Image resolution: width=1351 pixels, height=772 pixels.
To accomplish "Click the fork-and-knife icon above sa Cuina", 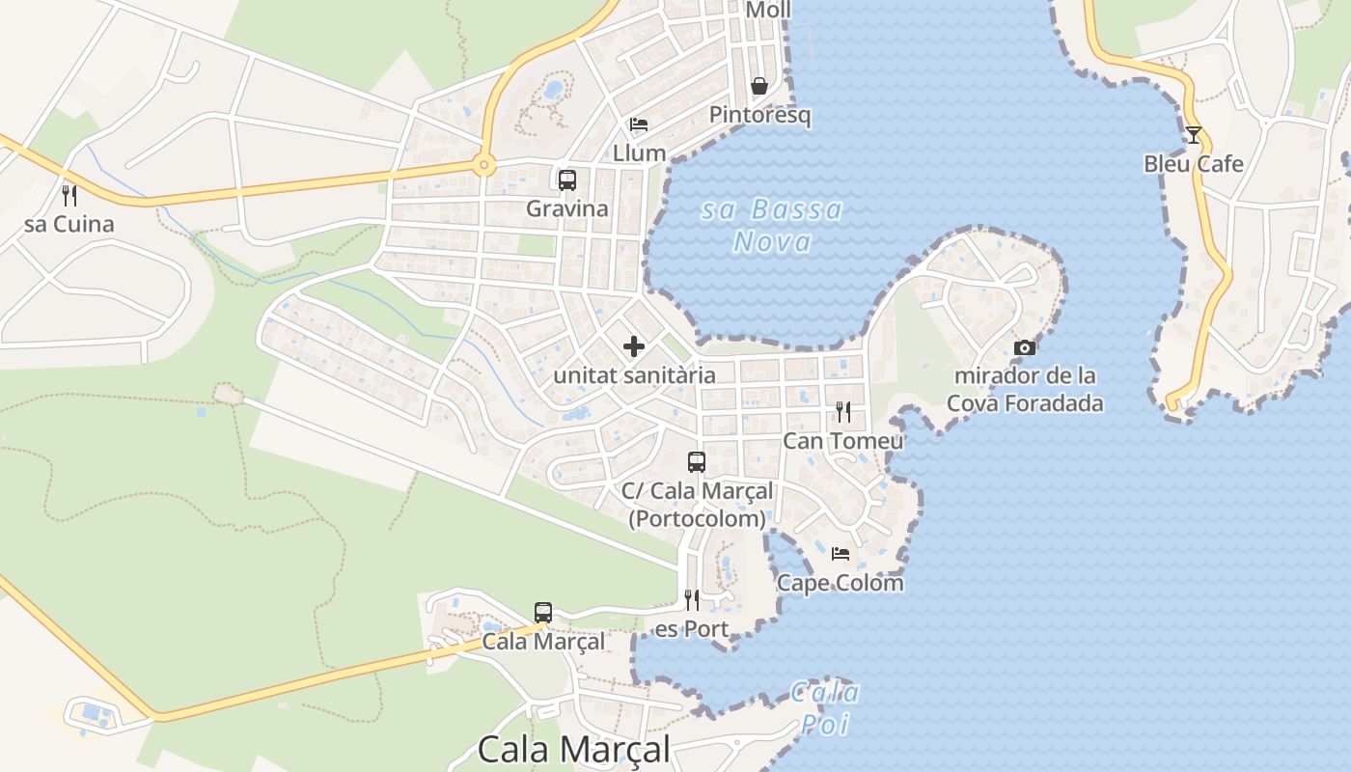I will tap(69, 196).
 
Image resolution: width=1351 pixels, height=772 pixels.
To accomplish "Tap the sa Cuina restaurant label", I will tap(69, 225).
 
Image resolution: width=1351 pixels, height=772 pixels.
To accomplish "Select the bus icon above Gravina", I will tap(567, 180).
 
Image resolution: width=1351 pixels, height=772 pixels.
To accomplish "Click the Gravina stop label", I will tap(567, 208).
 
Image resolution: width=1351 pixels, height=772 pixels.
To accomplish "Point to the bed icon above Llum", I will tap(639, 124).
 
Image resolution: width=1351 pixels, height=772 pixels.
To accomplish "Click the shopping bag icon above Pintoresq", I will tap(759, 86).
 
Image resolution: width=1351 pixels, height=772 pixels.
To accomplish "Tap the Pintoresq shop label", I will tap(759, 115).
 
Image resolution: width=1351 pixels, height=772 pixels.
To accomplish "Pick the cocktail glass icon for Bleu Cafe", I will tap(1194, 135).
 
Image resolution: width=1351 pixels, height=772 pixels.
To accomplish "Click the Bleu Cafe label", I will tap(1194, 164).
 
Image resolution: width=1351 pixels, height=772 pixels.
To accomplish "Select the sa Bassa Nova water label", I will tap(772, 225).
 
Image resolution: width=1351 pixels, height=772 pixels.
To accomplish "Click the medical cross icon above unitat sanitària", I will tap(634, 346).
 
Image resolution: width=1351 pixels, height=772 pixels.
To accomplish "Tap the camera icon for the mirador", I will tap(1025, 347).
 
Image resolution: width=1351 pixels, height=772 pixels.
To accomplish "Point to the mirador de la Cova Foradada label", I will tap(1025, 389).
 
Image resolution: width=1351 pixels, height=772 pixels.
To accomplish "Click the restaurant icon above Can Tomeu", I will tap(843, 413).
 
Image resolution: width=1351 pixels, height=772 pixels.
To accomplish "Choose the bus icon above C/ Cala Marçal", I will tap(697, 462).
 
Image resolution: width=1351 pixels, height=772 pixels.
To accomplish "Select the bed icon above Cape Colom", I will tap(841, 554).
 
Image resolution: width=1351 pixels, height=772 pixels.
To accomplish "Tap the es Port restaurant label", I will tap(692, 630).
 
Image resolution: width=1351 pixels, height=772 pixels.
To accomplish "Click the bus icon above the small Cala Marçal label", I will tap(543, 613).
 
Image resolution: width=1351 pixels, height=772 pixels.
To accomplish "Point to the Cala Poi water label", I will tap(826, 707).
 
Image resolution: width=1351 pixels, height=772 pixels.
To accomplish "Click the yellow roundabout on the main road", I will tap(484, 166).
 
